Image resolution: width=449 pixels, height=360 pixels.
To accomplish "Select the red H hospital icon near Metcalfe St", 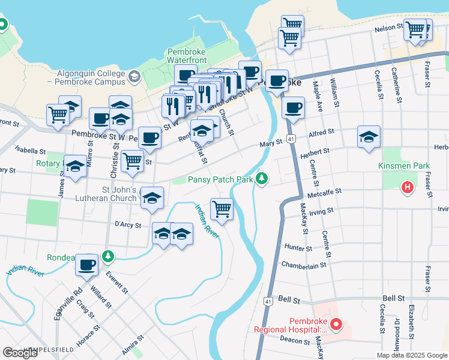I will tap(408, 188).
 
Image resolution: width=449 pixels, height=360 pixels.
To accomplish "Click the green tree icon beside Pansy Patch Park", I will tap(261, 179).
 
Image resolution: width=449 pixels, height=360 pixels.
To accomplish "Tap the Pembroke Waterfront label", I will tap(187, 56).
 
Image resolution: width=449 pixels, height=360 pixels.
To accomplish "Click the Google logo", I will tap(20, 353).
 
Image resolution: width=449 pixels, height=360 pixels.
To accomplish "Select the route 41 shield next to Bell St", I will tap(268, 301).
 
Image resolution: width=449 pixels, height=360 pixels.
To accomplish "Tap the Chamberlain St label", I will tap(303, 265).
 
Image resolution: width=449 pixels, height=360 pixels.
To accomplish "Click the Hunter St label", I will tap(299, 248).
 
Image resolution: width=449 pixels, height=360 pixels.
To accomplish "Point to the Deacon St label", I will tap(294, 339).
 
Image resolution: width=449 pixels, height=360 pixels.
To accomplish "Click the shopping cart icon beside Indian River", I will tap(222, 209).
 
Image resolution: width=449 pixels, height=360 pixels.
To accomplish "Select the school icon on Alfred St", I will tap(369, 137).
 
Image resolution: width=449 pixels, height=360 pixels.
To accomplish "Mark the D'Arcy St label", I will tap(127, 226).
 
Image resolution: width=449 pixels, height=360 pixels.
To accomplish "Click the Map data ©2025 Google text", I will tap(412, 355).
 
